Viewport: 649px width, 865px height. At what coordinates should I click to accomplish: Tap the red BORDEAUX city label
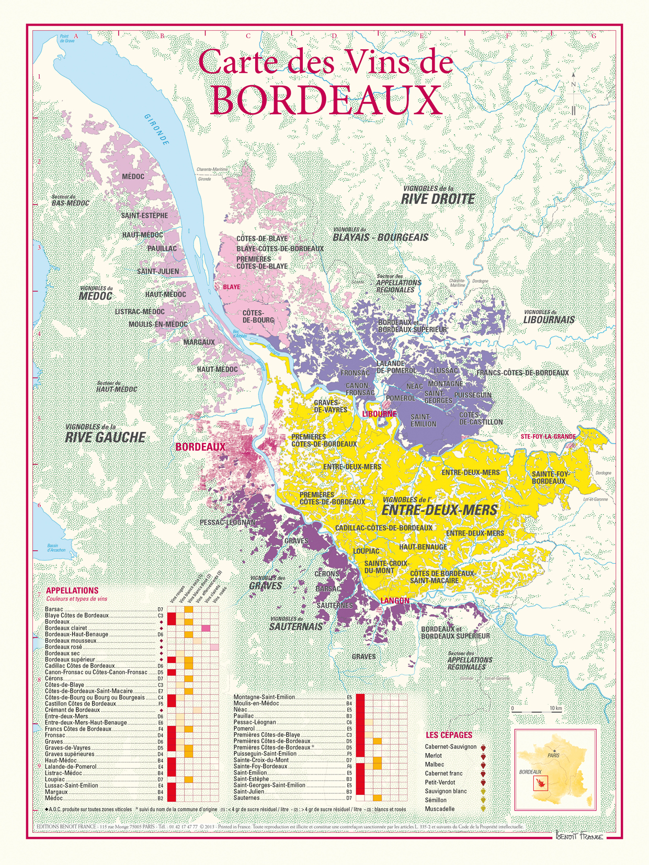click(200, 447)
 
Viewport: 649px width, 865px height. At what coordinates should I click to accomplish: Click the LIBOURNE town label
click(379, 414)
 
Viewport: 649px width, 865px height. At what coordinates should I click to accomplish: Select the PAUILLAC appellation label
click(162, 248)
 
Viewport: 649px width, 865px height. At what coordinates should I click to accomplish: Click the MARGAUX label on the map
click(199, 342)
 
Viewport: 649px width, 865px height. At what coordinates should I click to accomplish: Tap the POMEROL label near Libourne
click(400, 398)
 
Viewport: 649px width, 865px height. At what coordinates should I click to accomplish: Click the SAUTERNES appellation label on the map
click(335, 605)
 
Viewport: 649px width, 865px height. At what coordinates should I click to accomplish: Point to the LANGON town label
click(395, 600)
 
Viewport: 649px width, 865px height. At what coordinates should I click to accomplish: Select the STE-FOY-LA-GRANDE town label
click(548, 436)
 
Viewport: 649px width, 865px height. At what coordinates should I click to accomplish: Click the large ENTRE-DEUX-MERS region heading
click(439, 509)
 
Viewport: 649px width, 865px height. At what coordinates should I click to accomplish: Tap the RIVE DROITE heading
click(438, 199)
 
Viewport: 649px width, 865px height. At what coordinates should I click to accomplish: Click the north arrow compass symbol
click(574, 97)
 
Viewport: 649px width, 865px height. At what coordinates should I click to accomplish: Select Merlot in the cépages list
click(434, 755)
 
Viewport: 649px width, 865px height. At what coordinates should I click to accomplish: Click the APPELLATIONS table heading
click(72, 590)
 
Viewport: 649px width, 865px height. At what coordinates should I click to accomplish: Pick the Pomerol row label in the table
click(244, 729)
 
